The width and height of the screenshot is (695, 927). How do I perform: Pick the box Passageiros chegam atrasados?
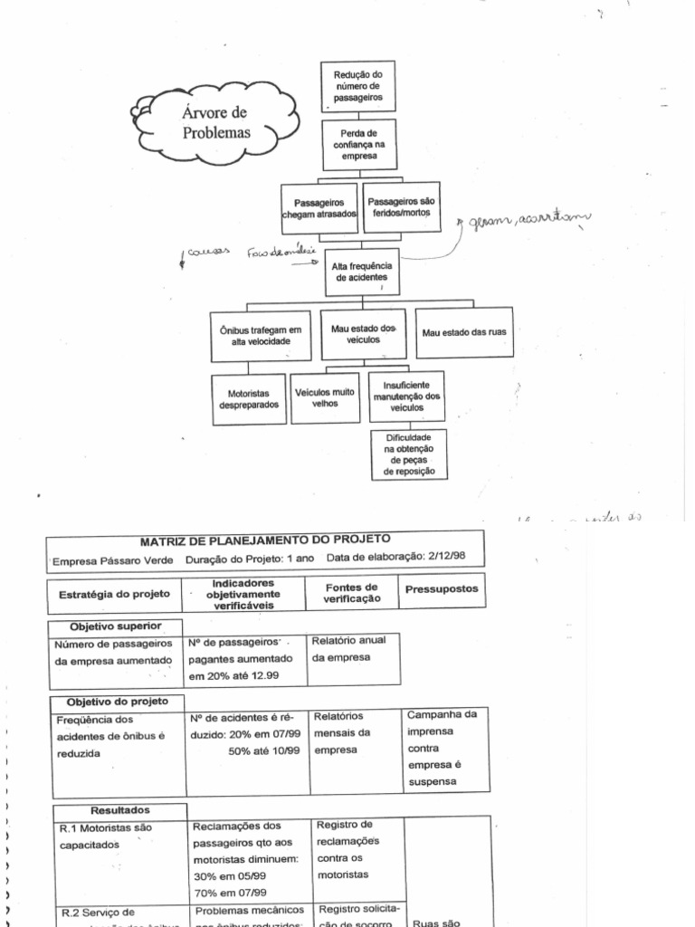tap(320, 207)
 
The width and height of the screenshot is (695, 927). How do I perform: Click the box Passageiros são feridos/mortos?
tap(401, 207)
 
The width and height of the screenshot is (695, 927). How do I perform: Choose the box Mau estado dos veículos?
tap(363, 333)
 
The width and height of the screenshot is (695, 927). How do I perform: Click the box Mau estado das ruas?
tap(464, 332)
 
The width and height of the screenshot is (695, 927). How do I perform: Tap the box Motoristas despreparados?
tap(249, 399)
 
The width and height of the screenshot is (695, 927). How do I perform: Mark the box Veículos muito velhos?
tap(324, 398)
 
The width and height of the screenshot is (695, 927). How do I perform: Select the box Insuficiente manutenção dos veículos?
tap(406, 396)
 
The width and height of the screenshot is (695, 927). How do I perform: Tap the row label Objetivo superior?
tap(115, 626)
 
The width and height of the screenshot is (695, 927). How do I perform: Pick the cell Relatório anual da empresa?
tap(348, 649)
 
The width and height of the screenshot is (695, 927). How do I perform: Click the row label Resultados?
tap(120, 810)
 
